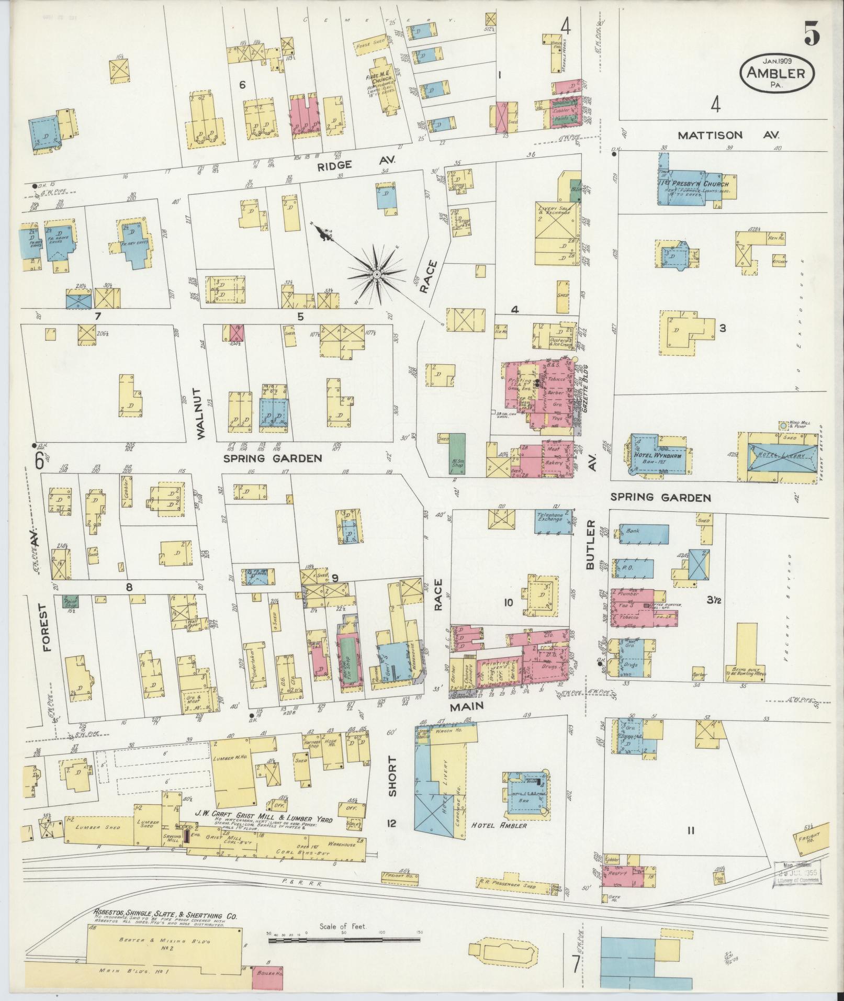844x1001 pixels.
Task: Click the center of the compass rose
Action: [376, 274]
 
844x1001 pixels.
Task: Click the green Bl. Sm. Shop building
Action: [458, 453]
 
